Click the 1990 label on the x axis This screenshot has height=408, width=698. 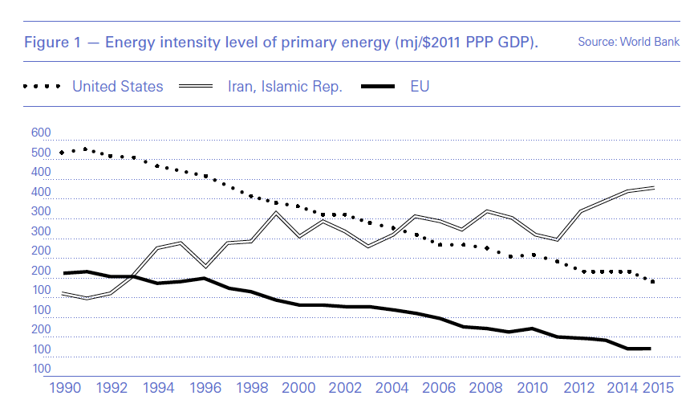[x=67, y=388]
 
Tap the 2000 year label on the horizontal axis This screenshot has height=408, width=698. [x=298, y=388]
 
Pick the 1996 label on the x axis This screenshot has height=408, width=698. [x=205, y=388]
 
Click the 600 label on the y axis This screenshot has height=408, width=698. [x=40, y=133]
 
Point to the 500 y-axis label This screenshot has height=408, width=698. [x=40, y=153]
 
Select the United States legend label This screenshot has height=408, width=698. [x=118, y=86]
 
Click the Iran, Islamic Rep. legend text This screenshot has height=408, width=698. [x=285, y=86]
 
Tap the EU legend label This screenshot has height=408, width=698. [x=420, y=86]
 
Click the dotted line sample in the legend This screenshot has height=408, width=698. [x=42, y=87]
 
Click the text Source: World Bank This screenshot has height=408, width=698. [x=628, y=41]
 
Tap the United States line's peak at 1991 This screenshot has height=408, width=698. [x=85, y=149]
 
